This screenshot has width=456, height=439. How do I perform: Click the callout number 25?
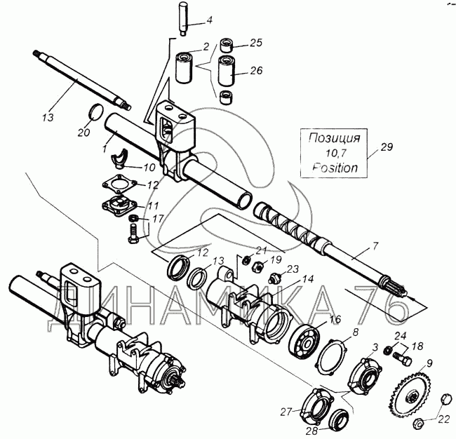(x=255, y=43)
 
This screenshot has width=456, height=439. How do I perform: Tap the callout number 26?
(x=255, y=70)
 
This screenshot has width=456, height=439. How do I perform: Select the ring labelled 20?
(x=96, y=112)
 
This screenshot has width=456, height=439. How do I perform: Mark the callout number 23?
(x=293, y=268)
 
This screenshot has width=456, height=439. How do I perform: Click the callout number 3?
(x=375, y=347)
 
